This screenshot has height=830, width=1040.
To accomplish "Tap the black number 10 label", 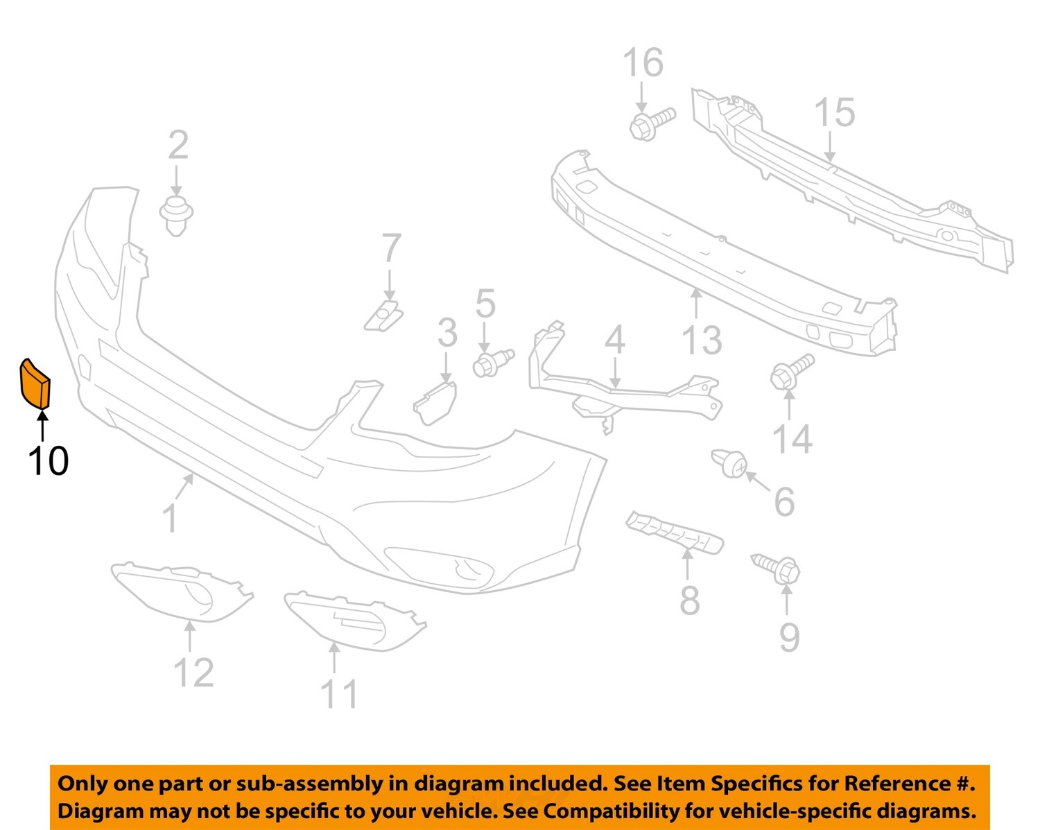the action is (x=48, y=460).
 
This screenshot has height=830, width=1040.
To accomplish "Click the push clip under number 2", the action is (x=176, y=215).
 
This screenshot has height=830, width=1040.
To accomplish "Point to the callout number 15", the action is (x=834, y=113).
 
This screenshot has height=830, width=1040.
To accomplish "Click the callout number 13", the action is (x=702, y=340).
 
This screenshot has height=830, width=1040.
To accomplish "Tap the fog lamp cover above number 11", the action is (x=354, y=621).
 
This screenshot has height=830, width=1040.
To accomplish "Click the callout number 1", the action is (x=169, y=518).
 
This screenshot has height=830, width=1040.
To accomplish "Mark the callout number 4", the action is (x=614, y=340).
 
